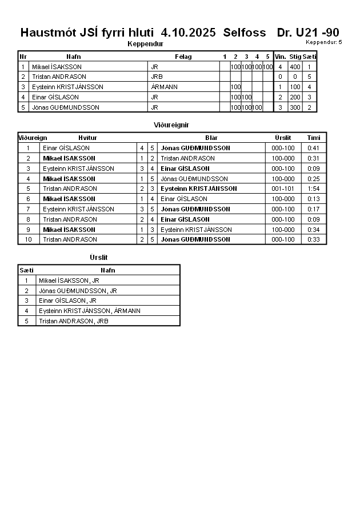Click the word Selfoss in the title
click(x=245, y=33)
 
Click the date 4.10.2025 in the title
click(x=189, y=33)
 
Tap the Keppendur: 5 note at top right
click(x=324, y=42)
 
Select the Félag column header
click(x=183, y=57)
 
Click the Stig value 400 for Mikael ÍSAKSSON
click(x=295, y=67)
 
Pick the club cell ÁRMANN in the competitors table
click(x=164, y=87)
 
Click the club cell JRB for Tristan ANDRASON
click(x=157, y=77)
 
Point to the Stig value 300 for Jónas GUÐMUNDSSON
click(x=295, y=107)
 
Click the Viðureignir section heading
click(x=171, y=125)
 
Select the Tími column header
click(x=314, y=138)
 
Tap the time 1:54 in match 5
click(x=313, y=189)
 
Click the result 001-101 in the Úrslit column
click(x=283, y=189)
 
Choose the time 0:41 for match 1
click(x=313, y=148)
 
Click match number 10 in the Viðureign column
click(x=27, y=239)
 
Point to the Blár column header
click(x=211, y=138)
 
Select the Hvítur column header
click(x=87, y=138)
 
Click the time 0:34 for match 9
click(x=313, y=230)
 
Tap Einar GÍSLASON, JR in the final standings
click(x=67, y=300)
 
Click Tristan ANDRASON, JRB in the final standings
click(x=73, y=321)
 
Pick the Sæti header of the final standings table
click(x=26, y=270)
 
